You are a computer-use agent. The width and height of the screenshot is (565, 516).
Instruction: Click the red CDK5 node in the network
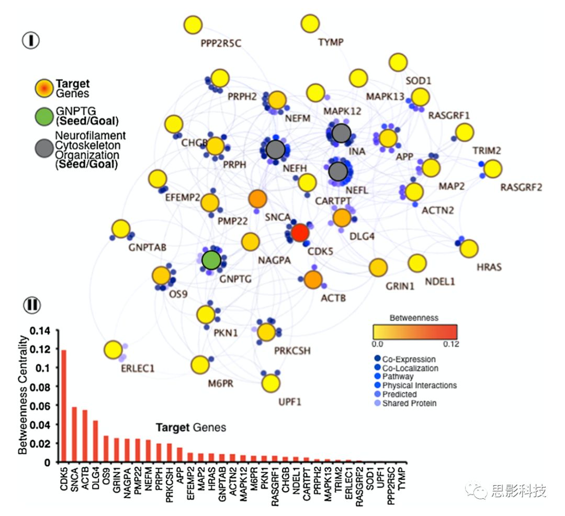coord(299,233)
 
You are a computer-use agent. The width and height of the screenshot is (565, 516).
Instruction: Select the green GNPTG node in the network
coord(211,259)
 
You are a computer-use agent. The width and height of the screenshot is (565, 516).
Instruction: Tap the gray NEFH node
coord(275,150)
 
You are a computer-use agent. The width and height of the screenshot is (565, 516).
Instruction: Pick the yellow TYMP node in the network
coord(310,24)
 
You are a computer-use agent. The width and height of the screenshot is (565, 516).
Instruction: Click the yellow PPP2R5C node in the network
coord(193,25)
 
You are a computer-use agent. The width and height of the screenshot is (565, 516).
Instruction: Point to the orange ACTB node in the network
coord(313,280)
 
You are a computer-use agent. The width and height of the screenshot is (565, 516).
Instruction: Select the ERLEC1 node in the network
coord(113,350)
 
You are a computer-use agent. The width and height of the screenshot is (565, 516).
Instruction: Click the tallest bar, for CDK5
coord(64,406)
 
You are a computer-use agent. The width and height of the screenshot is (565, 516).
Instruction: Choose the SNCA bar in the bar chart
coord(74,434)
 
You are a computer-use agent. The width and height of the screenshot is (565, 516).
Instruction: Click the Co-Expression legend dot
coord(378,360)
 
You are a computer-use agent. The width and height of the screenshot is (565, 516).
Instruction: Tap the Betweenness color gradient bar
coord(414,332)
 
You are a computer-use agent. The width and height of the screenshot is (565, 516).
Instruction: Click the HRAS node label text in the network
coord(489,267)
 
